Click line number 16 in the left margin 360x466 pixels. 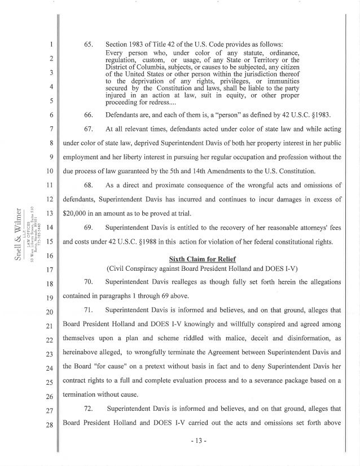49,254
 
